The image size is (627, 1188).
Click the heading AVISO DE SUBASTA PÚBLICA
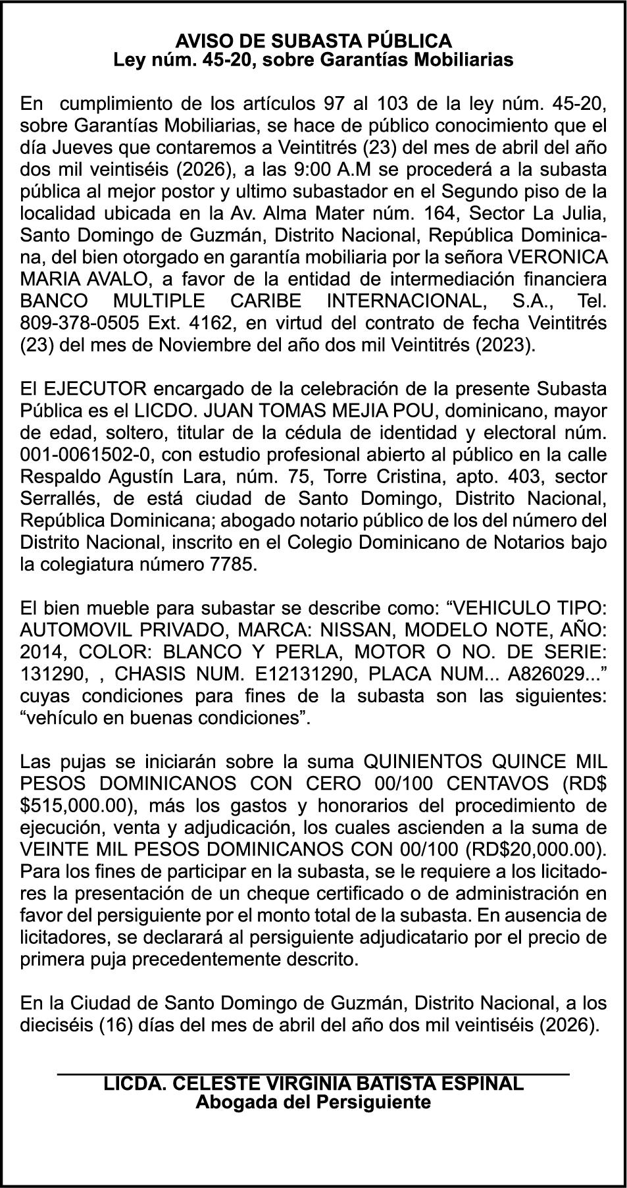tap(313, 41)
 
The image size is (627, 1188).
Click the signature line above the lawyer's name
tap(313, 1074)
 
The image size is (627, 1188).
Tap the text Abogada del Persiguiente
tap(313, 1102)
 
